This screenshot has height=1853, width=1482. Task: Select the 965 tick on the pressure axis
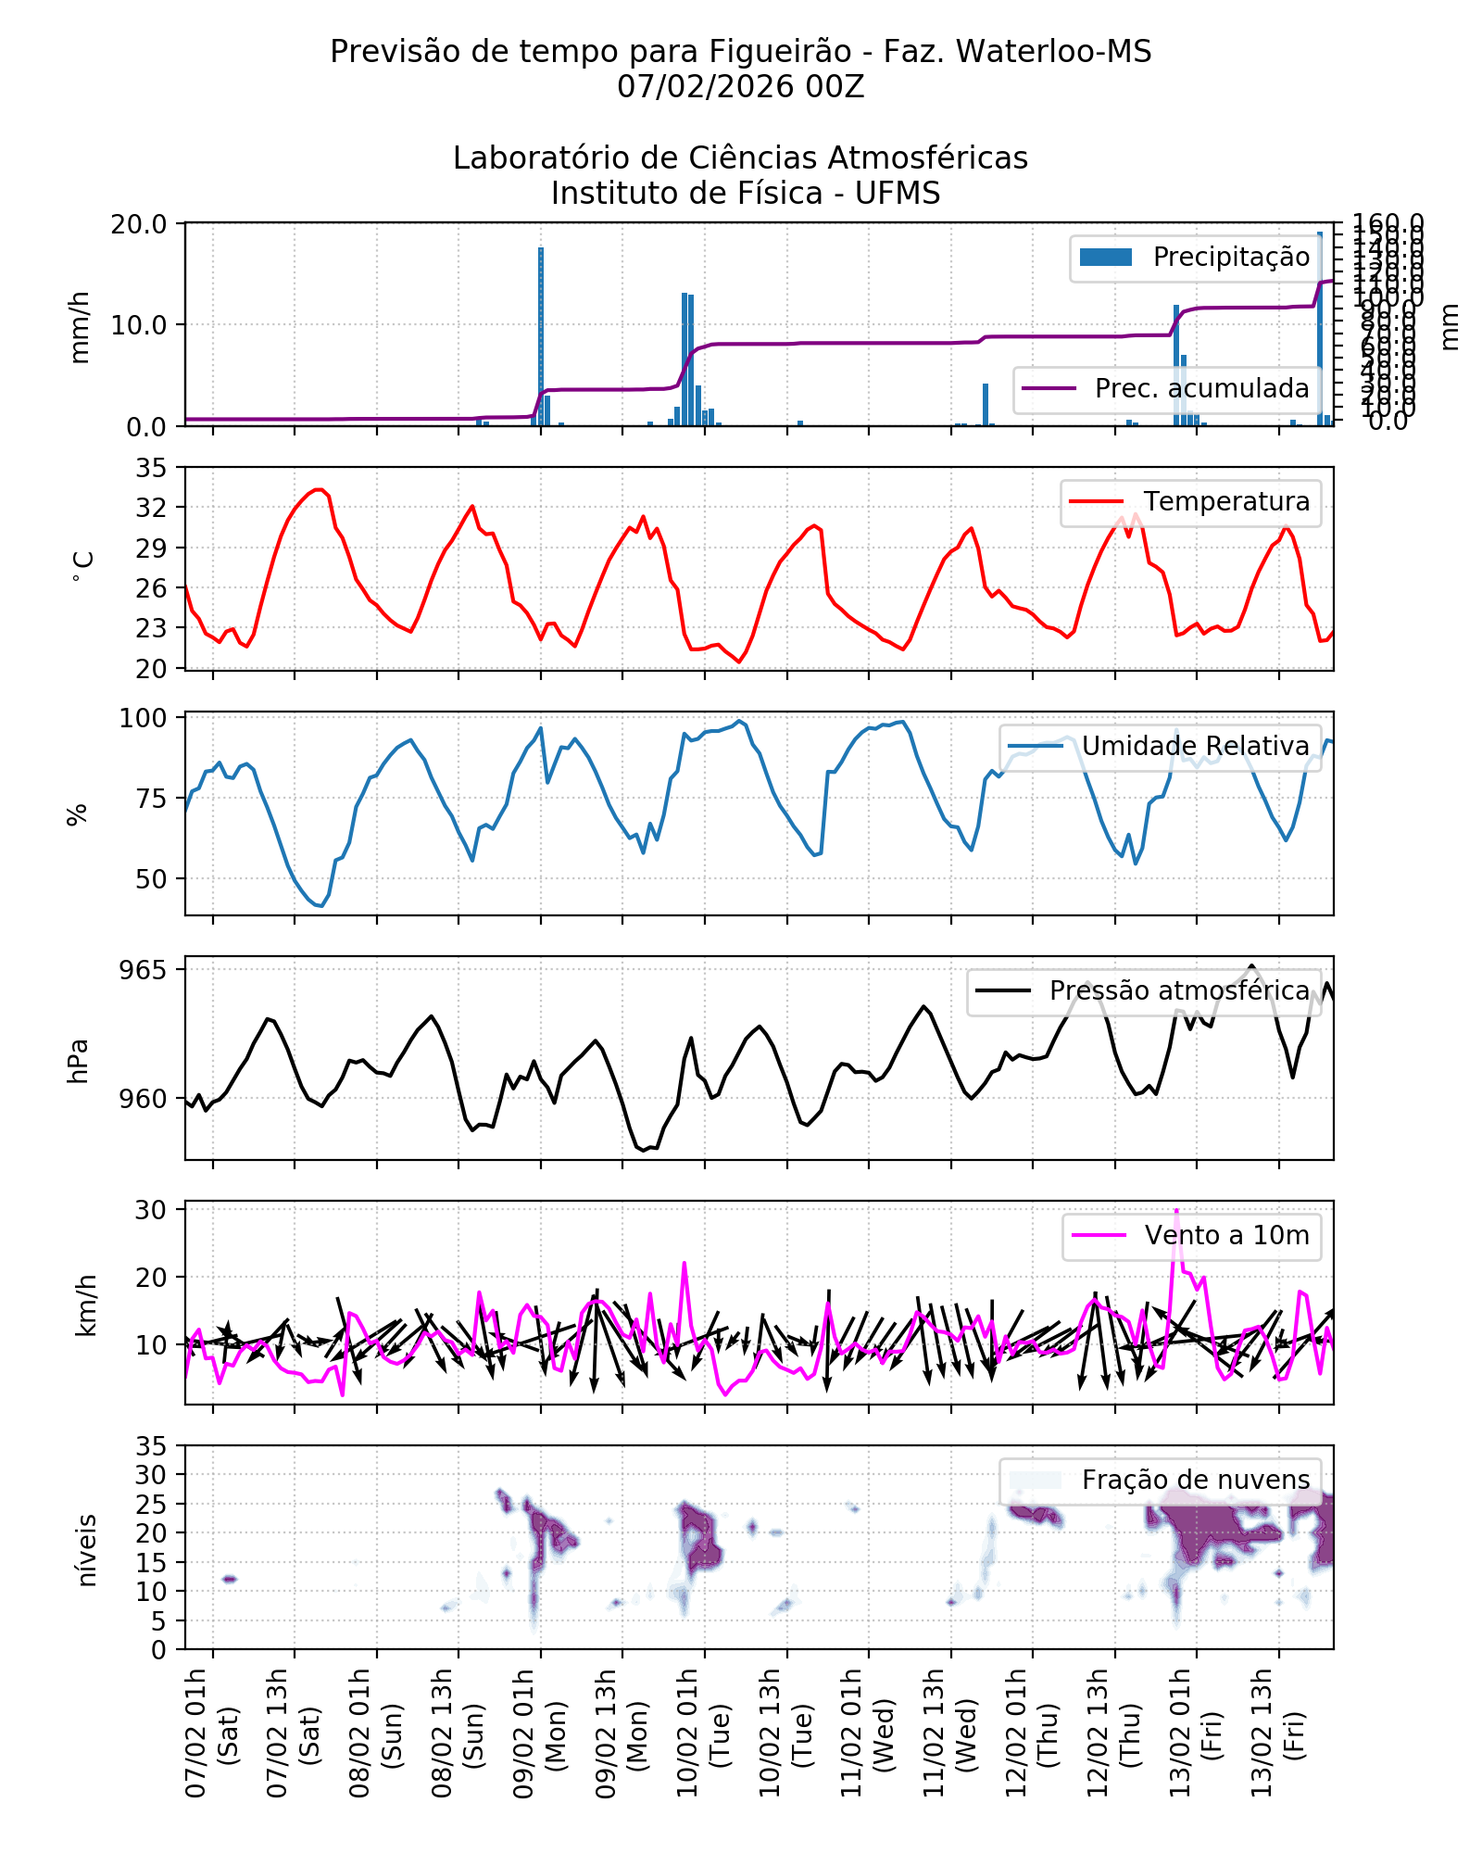tap(143, 970)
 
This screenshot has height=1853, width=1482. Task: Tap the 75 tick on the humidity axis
tap(152, 799)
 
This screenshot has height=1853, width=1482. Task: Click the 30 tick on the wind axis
tap(152, 1210)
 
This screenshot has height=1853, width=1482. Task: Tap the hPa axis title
tap(79, 1061)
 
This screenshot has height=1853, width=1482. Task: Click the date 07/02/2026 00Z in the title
tap(740, 86)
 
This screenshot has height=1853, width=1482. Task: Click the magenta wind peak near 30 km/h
tap(1176, 1211)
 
